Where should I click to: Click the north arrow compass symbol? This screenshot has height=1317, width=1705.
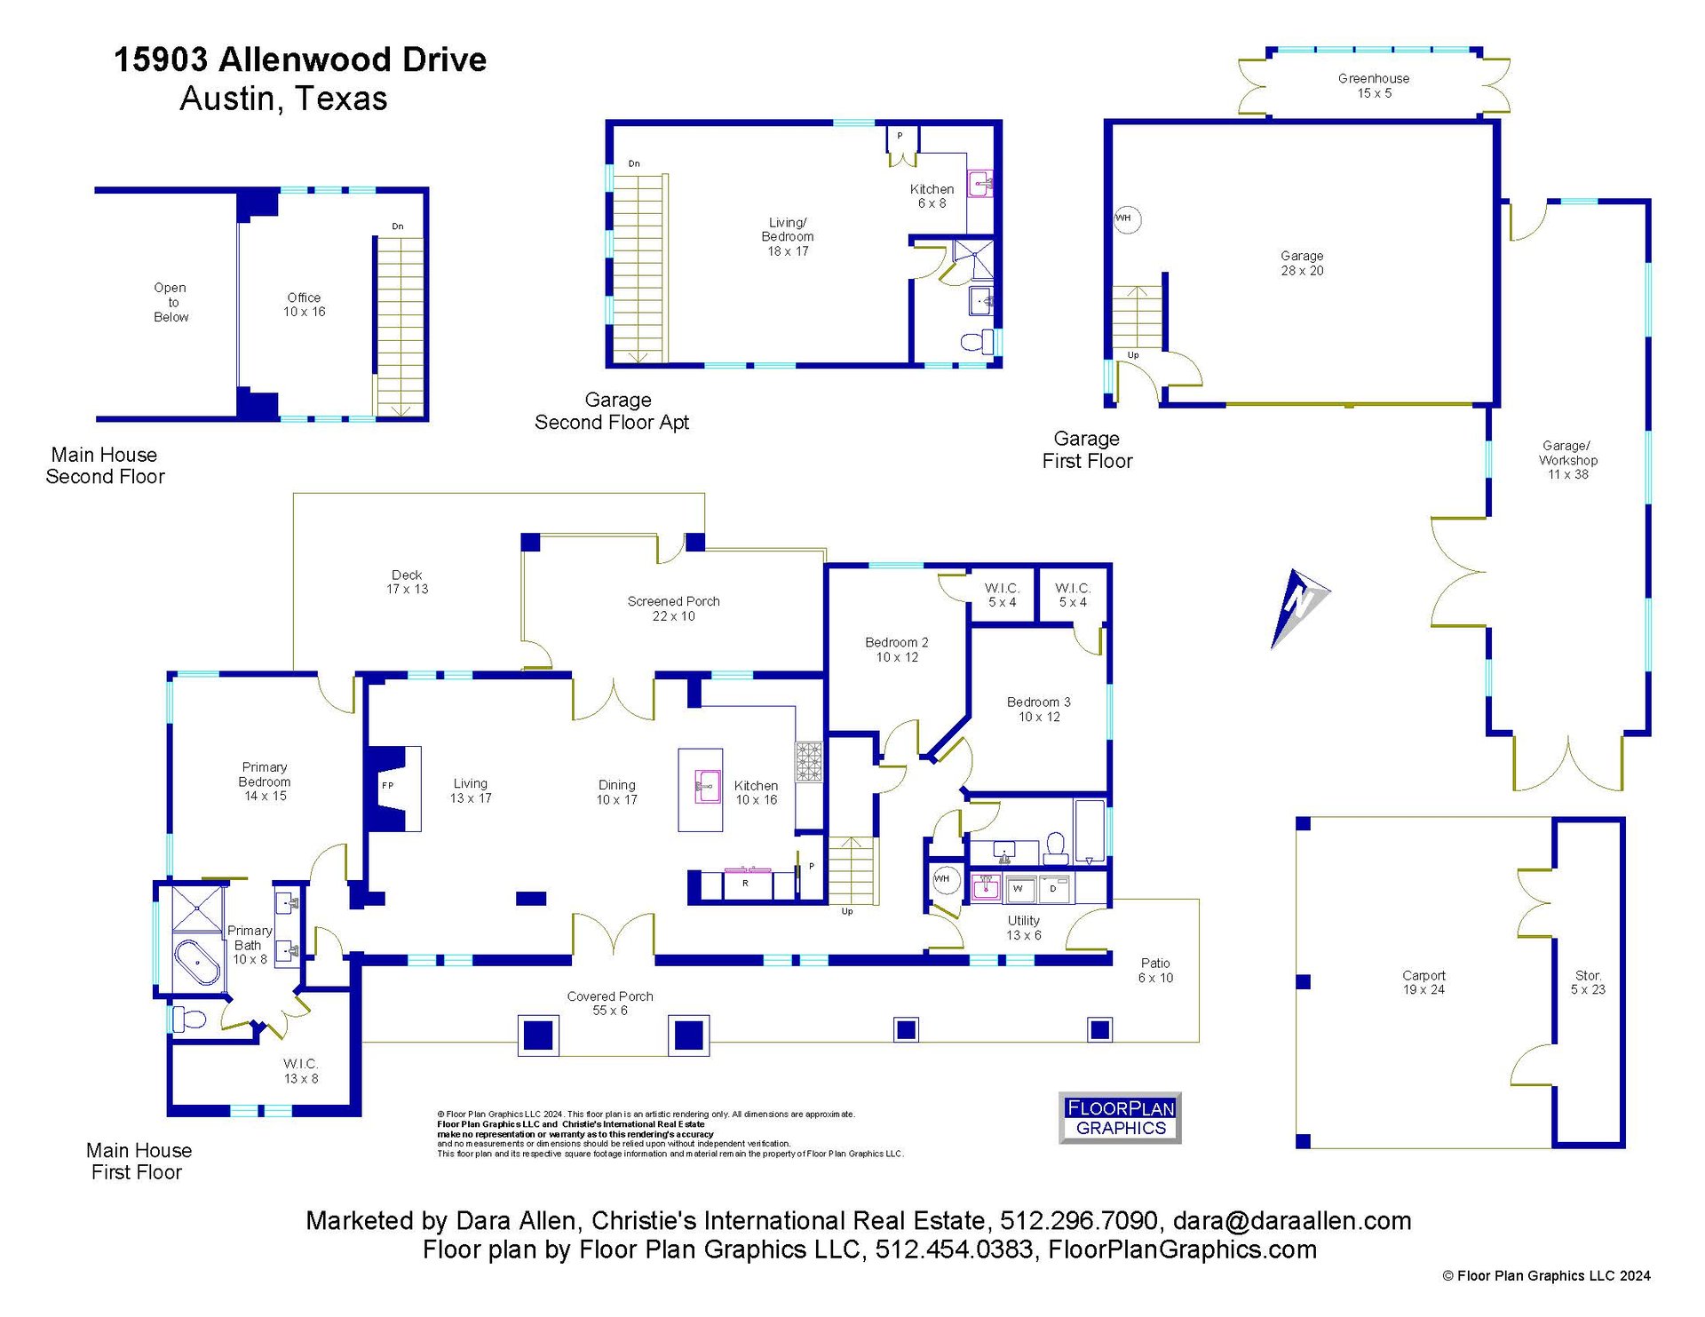point(1299,607)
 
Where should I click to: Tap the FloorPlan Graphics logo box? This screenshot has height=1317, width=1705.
point(1120,1117)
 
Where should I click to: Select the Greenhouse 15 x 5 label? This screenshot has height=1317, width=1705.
point(1374,86)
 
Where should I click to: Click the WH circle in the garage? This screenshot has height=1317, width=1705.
point(1126,218)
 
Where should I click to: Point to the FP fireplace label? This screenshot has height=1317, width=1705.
point(387,785)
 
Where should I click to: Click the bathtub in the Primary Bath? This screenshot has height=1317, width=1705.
point(197,962)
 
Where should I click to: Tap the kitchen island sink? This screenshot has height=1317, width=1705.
point(707,787)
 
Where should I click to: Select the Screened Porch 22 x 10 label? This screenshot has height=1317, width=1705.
point(673,608)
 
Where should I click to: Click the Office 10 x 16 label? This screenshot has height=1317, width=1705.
point(305,305)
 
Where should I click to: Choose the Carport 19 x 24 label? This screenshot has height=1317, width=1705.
point(1423,982)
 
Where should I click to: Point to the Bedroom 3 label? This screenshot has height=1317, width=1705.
point(1039,702)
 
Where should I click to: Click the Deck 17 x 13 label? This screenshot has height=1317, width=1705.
point(408,582)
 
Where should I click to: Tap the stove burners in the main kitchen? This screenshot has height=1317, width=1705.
point(808,762)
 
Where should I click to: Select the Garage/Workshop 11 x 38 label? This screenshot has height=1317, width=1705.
point(1568,460)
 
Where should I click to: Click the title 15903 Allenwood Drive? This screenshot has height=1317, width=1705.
point(300,60)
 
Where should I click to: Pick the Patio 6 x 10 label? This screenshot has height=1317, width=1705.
point(1155,970)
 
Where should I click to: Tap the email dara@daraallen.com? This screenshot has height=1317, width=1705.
point(1292,1221)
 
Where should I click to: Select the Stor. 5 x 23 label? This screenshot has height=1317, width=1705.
point(1588,982)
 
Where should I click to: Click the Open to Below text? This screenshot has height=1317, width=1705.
point(170,302)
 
